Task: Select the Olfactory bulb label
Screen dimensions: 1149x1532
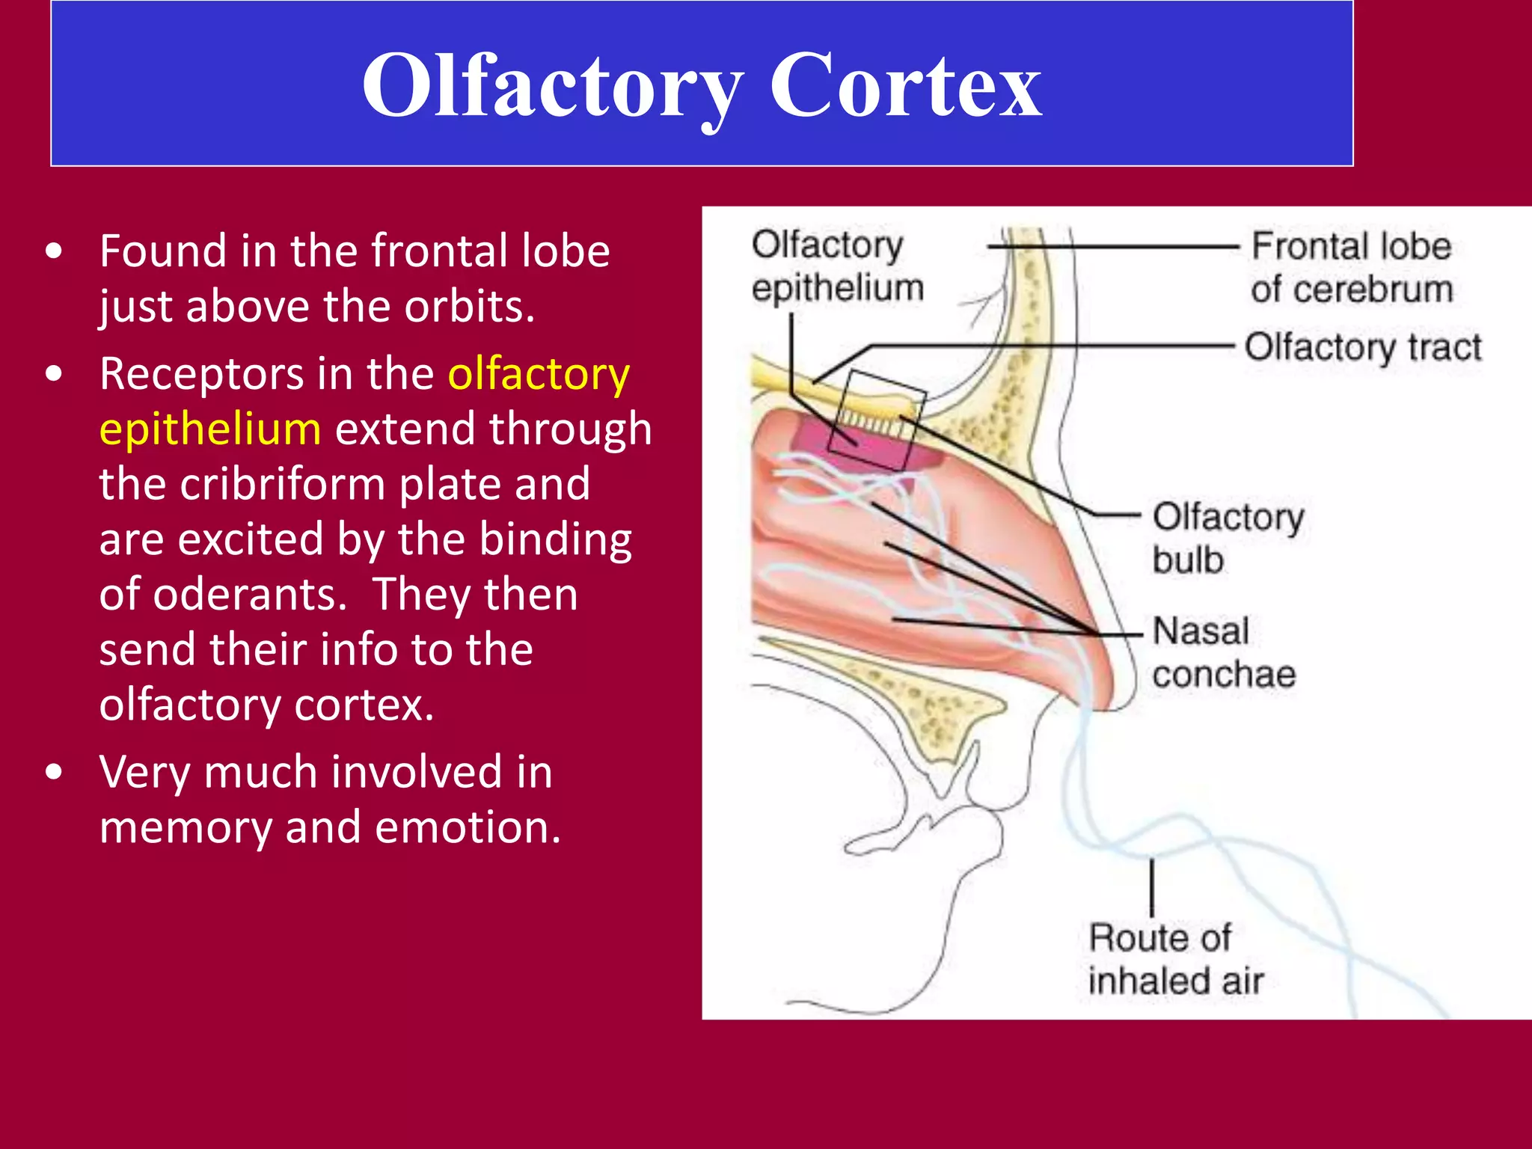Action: coord(1227,538)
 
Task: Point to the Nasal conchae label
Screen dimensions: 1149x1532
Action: coord(1222,652)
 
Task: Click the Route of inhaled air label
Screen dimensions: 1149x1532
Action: coord(1174,959)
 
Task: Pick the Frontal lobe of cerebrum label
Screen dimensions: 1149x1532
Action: coord(1351,268)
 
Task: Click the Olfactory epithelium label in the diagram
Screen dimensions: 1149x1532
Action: coord(836,266)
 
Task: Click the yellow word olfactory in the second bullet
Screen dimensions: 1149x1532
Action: coord(539,374)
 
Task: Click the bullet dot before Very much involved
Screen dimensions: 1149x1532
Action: coord(54,772)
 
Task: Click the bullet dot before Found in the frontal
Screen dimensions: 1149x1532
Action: coord(54,251)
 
